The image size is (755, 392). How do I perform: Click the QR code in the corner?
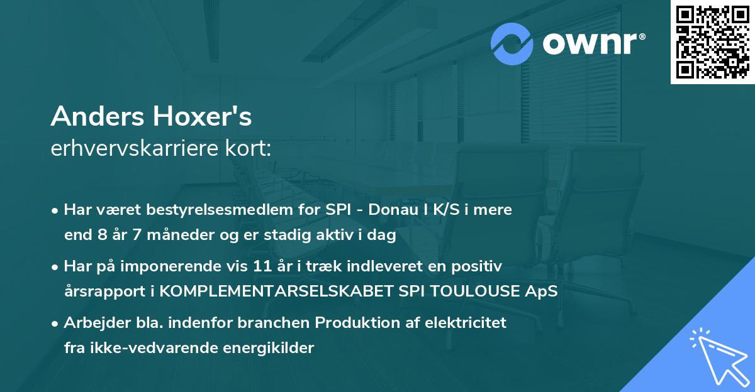(712, 41)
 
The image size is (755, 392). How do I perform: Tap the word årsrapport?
(101, 292)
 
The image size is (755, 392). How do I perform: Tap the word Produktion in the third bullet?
(340, 323)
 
